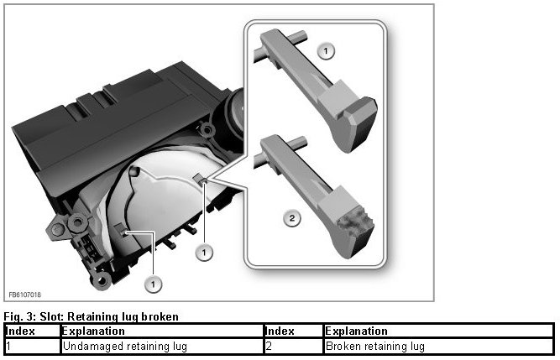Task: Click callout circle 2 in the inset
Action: point(290,219)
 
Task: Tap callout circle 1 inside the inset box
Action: point(327,51)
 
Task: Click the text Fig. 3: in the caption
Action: point(18,316)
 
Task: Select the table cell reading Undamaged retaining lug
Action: point(124,346)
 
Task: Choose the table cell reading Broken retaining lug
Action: point(374,346)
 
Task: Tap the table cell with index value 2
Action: point(269,346)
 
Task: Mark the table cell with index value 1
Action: point(8,346)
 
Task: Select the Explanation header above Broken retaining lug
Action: point(356,331)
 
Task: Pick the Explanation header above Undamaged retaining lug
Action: point(94,331)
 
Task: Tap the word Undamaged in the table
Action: point(89,346)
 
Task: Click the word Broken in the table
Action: point(343,346)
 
